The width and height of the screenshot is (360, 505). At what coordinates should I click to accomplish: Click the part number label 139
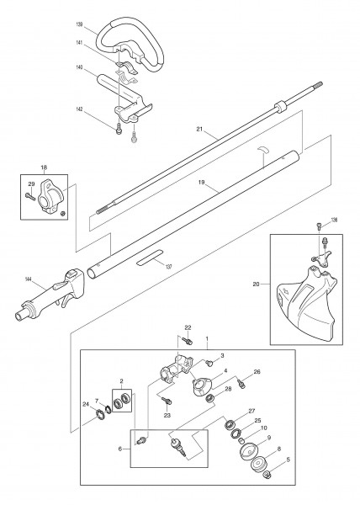click(x=79, y=24)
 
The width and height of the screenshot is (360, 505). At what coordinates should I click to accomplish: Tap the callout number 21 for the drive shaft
click(x=199, y=129)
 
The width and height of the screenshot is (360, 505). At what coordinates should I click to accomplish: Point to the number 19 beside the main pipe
click(x=201, y=182)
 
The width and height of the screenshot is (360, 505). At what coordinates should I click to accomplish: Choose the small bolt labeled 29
click(x=31, y=196)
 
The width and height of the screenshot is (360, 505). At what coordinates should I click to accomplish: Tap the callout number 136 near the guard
click(x=334, y=221)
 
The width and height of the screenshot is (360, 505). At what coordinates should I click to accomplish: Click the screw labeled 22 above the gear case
click(x=188, y=340)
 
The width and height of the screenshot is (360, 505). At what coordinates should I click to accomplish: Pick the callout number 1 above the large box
click(x=207, y=339)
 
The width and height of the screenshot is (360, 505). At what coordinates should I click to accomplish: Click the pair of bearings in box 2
click(x=122, y=401)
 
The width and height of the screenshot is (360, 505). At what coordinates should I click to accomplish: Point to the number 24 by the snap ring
click(x=85, y=404)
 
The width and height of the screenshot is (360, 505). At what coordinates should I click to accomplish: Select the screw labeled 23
click(x=167, y=401)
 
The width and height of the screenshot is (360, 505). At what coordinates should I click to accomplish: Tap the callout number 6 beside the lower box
click(x=120, y=449)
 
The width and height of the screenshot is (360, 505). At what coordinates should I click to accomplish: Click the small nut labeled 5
click(x=267, y=474)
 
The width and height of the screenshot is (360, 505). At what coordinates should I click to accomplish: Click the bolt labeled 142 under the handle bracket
click(x=119, y=129)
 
